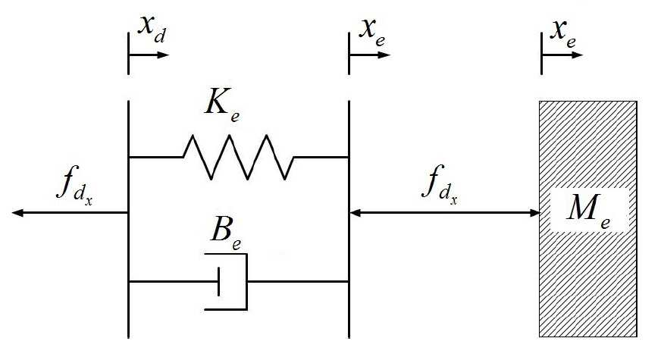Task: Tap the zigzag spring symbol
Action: (239, 157)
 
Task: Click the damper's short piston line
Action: (218, 281)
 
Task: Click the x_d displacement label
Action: (152, 29)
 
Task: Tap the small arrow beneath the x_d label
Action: (149, 55)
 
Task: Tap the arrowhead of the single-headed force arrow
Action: (17, 213)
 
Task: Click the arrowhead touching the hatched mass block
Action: (534, 213)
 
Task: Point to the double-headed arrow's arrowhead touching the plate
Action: (356, 213)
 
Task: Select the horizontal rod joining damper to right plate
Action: (298, 281)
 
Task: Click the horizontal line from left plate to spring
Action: (156, 157)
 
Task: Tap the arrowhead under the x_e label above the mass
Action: (577, 55)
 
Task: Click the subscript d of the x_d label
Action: (160, 36)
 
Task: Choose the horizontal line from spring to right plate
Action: (321, 157)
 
